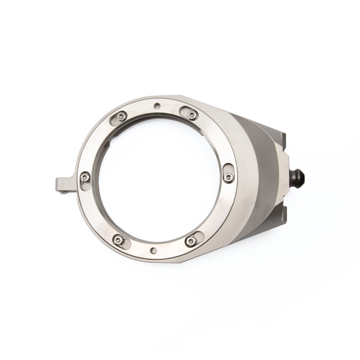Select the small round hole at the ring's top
click(156, 106)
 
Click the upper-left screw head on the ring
click(119, 117)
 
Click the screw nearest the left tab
click(83, 178)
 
